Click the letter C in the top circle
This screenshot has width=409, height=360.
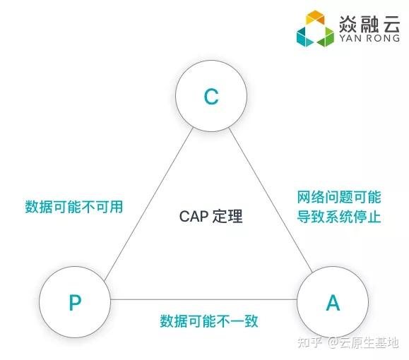(211, 97)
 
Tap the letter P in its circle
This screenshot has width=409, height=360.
(75, 302)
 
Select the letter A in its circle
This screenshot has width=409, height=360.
(333, 302)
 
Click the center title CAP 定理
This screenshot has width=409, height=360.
(211, 217)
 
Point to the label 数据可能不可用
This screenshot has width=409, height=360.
(74, 207)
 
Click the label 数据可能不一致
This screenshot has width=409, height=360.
(209, 321)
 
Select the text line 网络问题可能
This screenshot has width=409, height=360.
(339, 197)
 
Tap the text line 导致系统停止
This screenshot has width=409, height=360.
(339, 217)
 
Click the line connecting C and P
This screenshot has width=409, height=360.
(148, 204)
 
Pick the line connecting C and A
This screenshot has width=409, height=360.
(271, 200)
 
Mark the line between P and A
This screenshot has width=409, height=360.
(203, 299)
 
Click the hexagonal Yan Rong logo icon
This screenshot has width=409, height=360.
(315, 28)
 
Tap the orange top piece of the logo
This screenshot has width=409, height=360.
(315, 17)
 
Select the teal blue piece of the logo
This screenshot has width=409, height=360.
(305, 37)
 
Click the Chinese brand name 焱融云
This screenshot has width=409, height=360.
(369, 24)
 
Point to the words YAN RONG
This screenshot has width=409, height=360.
(369, 38)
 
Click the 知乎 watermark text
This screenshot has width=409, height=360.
(309, 342)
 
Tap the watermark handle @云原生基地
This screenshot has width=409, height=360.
(363, 342)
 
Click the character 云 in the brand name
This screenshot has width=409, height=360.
(391, 24)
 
